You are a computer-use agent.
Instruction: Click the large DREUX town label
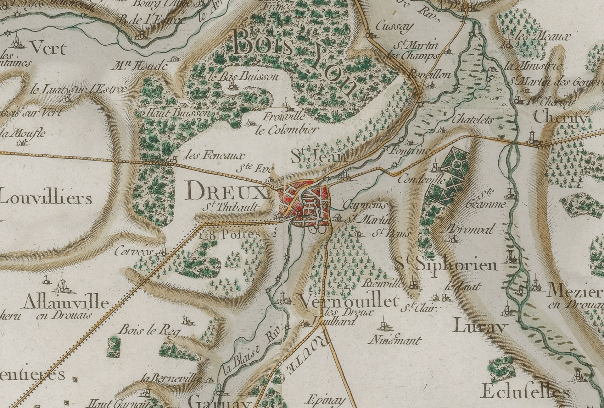225,192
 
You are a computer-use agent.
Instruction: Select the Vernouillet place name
349,302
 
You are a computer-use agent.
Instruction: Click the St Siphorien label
447,264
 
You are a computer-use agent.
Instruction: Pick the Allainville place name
66,303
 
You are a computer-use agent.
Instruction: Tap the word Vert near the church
48,49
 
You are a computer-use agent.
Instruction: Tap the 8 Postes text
234,235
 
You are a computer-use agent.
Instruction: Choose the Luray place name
480,328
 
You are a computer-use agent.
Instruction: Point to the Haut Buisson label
178,113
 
